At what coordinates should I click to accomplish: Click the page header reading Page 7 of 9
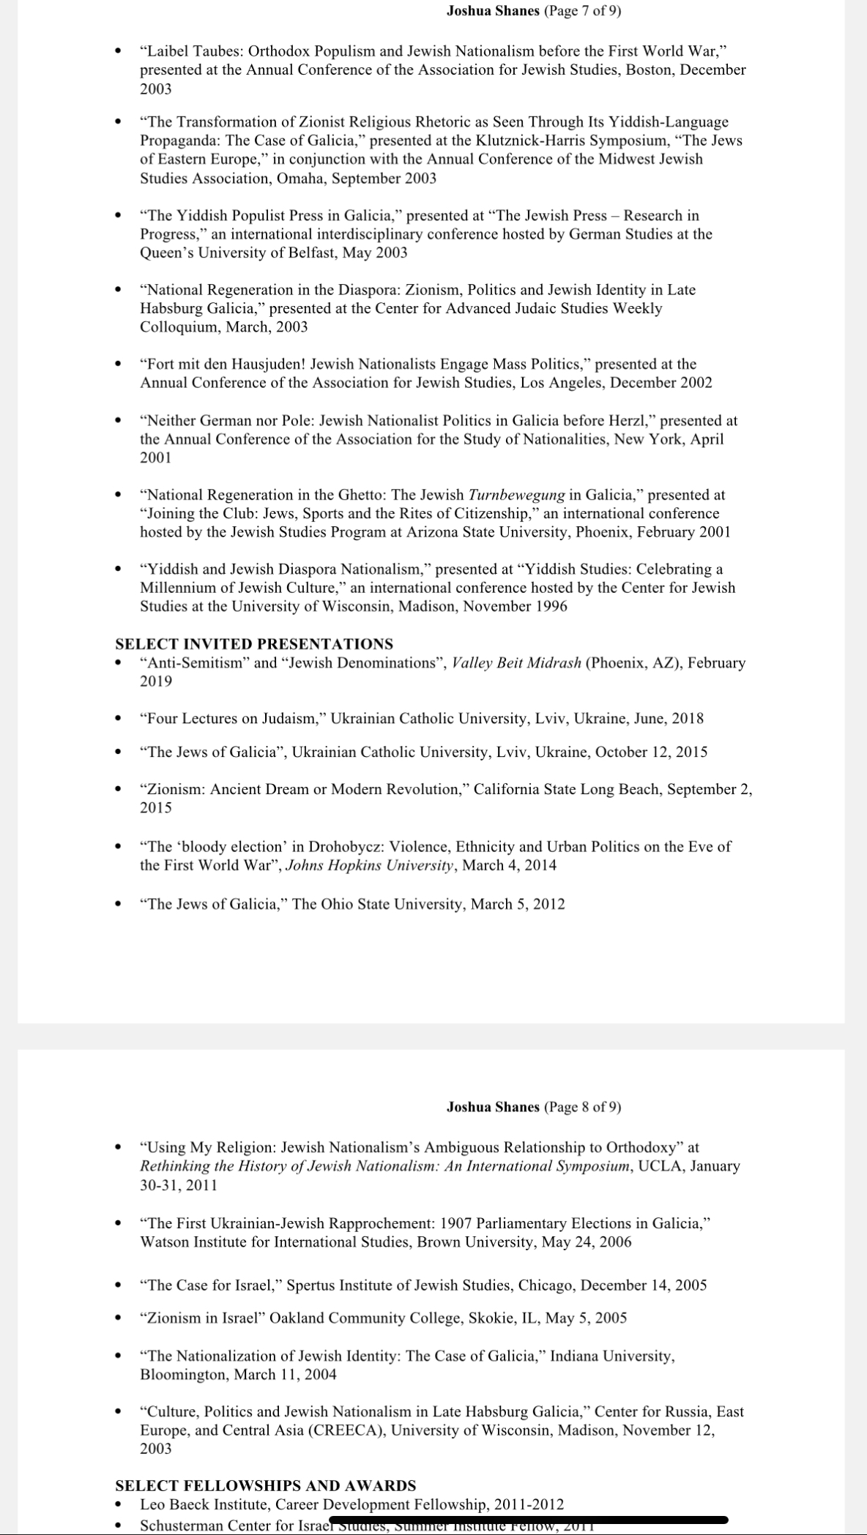coord(534,11)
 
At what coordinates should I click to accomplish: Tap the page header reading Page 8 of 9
coord(534,1107)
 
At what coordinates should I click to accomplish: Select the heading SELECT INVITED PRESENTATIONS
coord(254,644)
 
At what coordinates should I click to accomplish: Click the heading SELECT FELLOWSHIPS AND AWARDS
coord(265,1485)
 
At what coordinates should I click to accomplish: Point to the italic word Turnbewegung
coord(516,496)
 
